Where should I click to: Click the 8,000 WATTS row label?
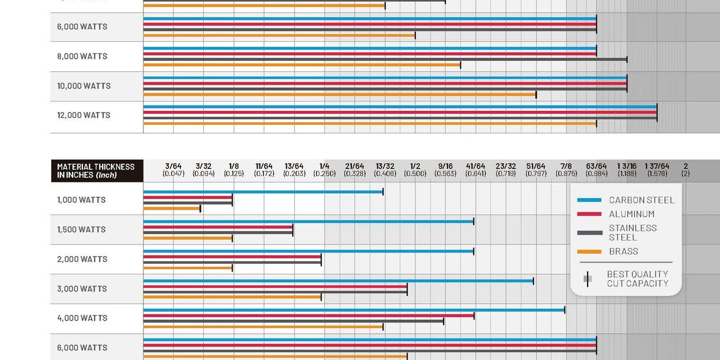(x=82, y=56)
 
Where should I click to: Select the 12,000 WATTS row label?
(x=84, y=115)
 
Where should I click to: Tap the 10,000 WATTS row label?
(x=84, y=86)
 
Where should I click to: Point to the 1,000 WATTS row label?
(x=81, y=200)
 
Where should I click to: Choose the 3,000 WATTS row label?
(x=82, y=289)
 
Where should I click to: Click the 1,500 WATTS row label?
(x=81, y=229)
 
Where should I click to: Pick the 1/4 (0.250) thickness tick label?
(x=324, y=170)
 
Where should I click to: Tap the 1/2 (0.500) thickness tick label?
(x=415, y=170)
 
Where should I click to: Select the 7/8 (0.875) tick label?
(x=566, y=170)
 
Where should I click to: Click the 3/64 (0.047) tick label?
(x=173, y=170)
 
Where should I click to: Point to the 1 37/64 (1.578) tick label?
(x=657, y=170)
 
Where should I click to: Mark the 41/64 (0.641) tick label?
(x=475, y=170)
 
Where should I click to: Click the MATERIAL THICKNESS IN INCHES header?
(x=96, y=171)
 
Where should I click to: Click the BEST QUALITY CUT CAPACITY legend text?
(x=637, y=279)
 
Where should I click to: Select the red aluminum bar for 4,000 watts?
(x=308, y=315)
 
